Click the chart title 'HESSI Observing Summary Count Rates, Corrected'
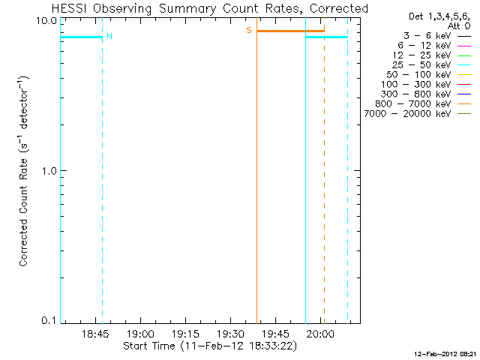pyautogui.click(x=210, y=8)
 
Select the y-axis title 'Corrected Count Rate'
pyautogui.click(x=24, y=170)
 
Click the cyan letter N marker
pyautogui.click(x=109, y=36)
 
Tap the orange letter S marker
pyautogui.click(x=249, y=30)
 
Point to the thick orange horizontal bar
pyautogui.click(x=290, y=31)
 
